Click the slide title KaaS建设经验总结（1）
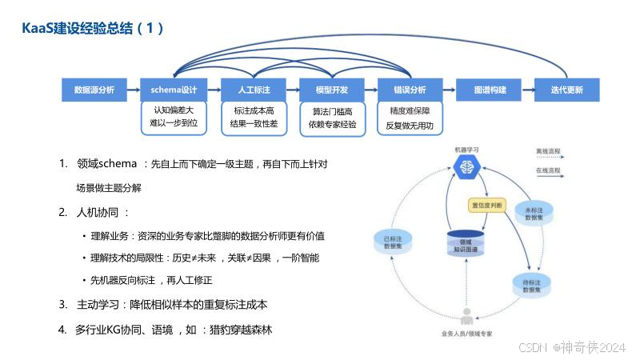(x=93, y=29)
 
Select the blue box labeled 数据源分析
(x=94, y=90)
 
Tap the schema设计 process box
(x=174, y=90)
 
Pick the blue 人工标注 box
(x=254, y=90)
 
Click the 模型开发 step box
(x=332, y=90)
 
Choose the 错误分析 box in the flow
(x=410, y=90)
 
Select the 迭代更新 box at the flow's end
(x=566, y=90)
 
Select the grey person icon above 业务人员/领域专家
(x=466, y=315)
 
